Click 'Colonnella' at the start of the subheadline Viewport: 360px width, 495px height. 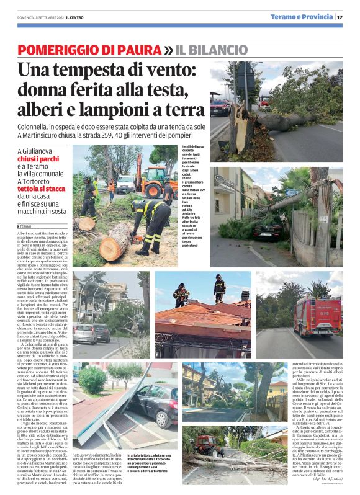[x=37, y=126]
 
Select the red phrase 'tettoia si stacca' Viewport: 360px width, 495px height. [x=45, y=189]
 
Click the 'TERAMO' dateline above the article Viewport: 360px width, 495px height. [x=27, y=227]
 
